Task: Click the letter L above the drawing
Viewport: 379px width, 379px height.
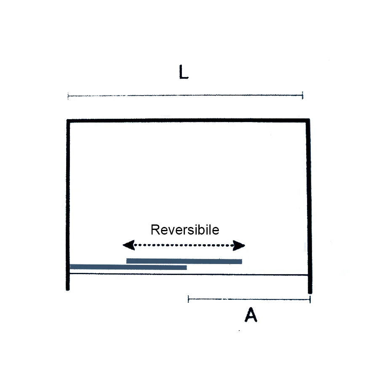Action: coord(184,72)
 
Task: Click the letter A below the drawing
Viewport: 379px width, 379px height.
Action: coord(251,315)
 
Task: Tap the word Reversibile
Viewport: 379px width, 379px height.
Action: coord(185,230)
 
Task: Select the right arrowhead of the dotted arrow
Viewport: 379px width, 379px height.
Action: coord(239,246)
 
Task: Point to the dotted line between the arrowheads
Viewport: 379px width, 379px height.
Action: coord(184,246)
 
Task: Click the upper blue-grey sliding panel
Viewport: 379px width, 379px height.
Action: coord(184,261)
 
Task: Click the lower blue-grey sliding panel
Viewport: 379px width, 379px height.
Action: coord(128,267)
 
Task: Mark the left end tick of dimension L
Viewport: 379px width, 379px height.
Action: coord(68,96)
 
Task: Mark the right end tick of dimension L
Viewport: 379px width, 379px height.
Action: coord(303,96)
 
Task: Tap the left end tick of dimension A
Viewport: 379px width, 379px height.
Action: coord(188,299)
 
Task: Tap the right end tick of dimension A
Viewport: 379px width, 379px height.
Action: coord(310,299)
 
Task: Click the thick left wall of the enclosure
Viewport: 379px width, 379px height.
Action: coord(68,205)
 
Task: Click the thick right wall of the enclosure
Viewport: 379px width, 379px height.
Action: coord(308,206)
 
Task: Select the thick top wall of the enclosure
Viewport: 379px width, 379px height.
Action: coord(188,120)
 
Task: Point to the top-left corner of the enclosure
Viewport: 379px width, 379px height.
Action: coord(68,120)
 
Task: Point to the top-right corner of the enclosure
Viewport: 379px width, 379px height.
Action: coord(308,120)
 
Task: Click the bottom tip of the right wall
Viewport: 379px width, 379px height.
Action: coord(310,293)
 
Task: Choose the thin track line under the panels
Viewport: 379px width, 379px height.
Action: coord(189,274)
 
